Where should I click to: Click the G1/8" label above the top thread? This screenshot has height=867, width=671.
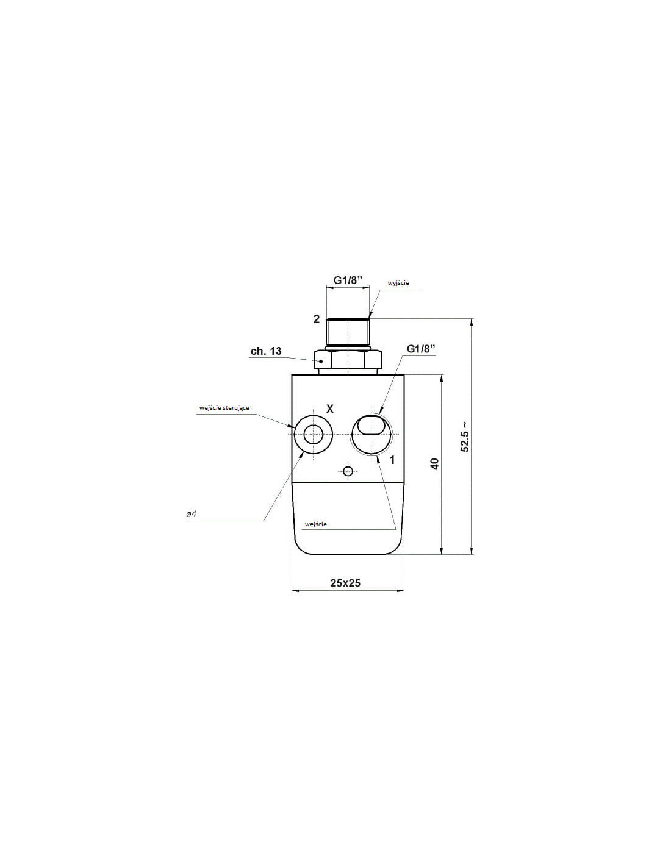348,280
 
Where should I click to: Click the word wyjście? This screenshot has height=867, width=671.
398,283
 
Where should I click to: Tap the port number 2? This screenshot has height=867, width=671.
317,319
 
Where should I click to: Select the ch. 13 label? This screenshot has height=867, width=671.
266,351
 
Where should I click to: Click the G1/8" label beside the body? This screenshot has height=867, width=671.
421,348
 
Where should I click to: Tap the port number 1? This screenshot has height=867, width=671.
392,460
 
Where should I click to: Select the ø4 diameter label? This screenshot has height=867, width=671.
191,514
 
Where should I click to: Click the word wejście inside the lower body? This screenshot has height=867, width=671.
315,524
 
